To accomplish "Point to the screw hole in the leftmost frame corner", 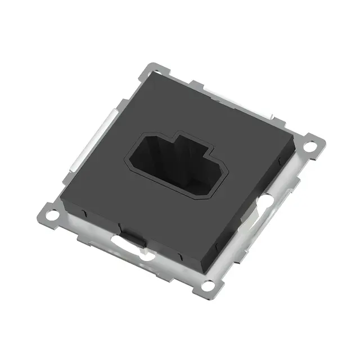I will click(51, 214).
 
